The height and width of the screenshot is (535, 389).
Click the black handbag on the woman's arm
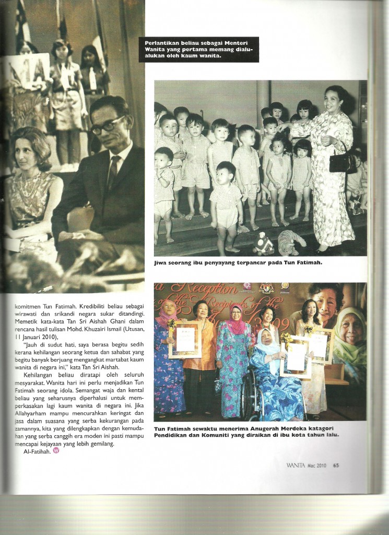[x=343, y=162]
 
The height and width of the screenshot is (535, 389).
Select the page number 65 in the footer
[x=336, y=466]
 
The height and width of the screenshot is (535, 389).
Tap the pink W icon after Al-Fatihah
[x=56, y=451]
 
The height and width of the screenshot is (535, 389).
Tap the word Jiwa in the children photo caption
[x=162, y=263]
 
